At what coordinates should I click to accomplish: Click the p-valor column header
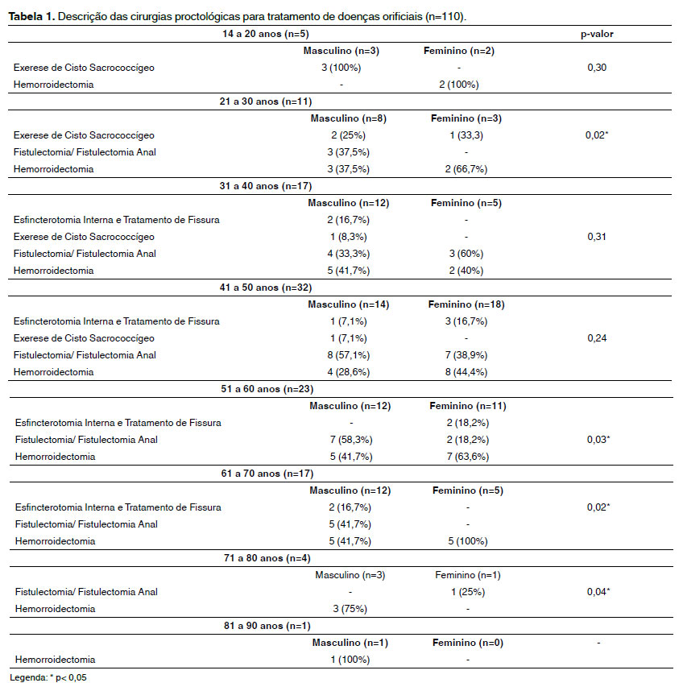click(596, 34)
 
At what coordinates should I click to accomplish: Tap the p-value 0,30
click(596, 68)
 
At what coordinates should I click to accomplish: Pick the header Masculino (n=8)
click(349, 118)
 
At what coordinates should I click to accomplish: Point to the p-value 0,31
click(596, 237)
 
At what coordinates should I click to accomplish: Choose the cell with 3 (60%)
click(458, 254)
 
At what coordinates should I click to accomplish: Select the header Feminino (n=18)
click(467, 304)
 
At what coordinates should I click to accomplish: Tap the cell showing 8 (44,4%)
click(458, 372)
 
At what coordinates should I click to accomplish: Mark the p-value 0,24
click(596, 338)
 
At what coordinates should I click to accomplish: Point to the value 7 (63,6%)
click(458, 457)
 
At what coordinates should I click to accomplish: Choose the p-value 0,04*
click(596, 592)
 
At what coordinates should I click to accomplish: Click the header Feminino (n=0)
click(464, 643)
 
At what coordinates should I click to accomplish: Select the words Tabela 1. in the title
click(31, 16)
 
